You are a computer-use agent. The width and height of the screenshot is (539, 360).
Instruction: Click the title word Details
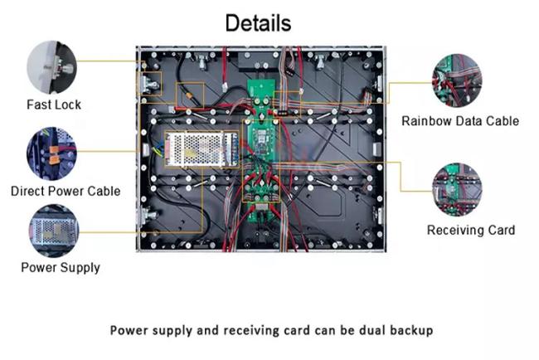coord(258,22)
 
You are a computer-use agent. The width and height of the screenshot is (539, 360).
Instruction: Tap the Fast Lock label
coord(53,105)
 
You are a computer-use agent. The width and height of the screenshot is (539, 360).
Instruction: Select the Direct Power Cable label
coord(66,191)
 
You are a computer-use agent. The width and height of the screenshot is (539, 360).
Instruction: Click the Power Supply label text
coord(61,267)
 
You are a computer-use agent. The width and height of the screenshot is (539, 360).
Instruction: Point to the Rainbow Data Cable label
coord(460,121)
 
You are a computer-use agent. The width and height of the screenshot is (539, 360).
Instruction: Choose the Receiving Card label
coord(470,230)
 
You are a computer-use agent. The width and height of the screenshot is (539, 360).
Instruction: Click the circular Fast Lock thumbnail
coord(51,66)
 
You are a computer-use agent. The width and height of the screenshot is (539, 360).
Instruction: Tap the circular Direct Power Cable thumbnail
coord(51,153)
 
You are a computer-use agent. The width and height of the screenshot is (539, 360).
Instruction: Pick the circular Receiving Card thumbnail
coord(457,189)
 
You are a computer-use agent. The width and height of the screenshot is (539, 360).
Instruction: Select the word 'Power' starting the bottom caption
coord(129,330)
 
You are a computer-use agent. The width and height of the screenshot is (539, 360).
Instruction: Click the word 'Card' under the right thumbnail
coord(499,230)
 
